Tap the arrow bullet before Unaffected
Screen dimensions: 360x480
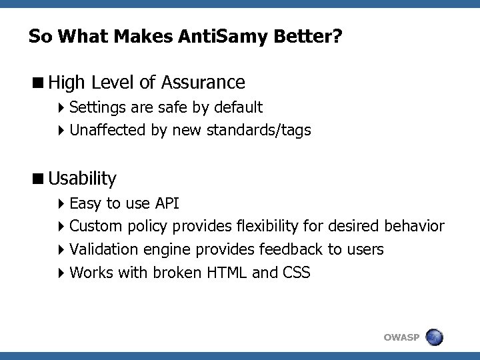61,130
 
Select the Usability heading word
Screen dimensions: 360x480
82,179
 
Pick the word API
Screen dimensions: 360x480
166,203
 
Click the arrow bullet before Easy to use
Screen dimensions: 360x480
61,203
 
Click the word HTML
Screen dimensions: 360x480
225,273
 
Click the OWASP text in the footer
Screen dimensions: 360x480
401,338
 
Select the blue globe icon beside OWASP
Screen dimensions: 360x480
435,337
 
